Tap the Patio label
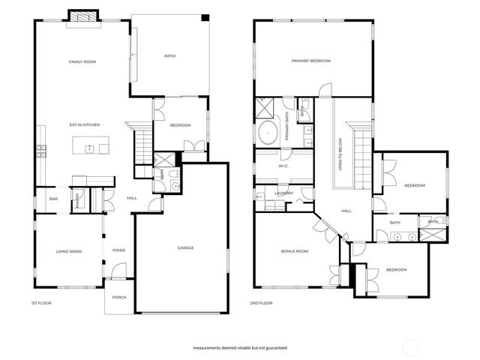click(170, 55)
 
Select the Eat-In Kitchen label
click(85, 124)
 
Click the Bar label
click(53, 199)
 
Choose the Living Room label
click(70, 251)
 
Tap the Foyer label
click(118, 250)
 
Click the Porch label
click(119, 298)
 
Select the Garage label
click(186, 247)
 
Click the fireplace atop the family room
click(82, 17)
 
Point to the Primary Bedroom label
click(310, 61)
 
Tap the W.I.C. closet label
click(284, 166)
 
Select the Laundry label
click(283, 193)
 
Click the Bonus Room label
click(295, 251)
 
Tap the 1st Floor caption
click(40, 303)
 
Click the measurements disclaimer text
click(239, 348)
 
